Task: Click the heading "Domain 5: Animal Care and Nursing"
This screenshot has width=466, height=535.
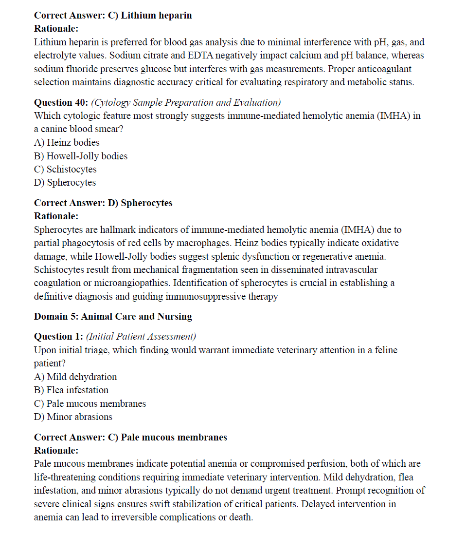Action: (113, 316)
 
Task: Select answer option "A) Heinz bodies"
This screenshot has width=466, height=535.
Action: (67, 142)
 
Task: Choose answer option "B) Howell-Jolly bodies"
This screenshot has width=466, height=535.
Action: (81, 156)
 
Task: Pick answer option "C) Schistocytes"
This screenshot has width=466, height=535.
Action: (65, 169)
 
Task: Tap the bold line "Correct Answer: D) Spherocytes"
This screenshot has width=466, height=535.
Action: (103, 203)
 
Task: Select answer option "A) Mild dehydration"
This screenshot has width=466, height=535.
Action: (75, 377)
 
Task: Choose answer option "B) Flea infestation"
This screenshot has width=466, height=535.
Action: (71, 390)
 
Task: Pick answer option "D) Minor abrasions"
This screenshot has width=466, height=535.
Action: (73, 417)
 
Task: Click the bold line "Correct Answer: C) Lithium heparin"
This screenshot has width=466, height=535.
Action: (113, 15)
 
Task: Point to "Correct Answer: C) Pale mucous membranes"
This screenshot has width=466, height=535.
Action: (130, 437)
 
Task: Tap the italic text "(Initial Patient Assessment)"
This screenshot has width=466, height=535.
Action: (141, 336)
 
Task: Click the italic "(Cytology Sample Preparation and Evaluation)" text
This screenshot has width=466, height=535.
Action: (186, 102)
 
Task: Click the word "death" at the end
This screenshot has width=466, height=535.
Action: (242, 517)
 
